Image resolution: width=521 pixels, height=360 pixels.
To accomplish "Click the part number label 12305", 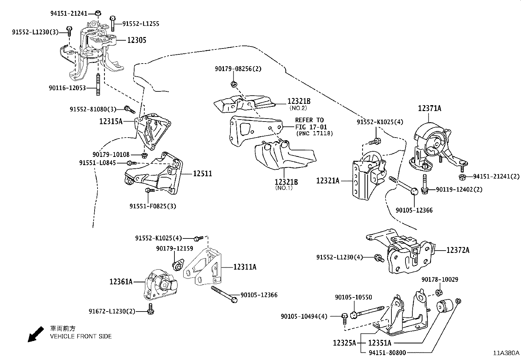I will (x=136, y=40).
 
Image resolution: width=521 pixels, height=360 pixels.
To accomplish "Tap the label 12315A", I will (x=111, y=122).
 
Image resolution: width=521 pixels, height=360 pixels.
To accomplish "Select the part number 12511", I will (x=202, y=174).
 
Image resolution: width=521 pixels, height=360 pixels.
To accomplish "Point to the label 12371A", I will (x=429, y=108).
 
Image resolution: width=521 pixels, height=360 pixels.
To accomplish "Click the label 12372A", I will (x=458, y=250).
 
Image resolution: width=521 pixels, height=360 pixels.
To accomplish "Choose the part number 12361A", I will (x=121, y=281).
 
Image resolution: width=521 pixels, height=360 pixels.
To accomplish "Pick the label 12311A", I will (x=245, y=267).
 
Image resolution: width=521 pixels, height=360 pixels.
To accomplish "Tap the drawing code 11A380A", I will (x=506, y=353).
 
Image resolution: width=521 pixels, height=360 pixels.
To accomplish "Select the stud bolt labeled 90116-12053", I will (x=98, y=85).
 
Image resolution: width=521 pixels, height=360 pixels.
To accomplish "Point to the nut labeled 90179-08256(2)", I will (x=234, y=84).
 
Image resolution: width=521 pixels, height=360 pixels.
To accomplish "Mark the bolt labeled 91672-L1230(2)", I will (x=151, y=309).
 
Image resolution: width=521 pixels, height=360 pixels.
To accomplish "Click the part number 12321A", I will (x=328, y=180).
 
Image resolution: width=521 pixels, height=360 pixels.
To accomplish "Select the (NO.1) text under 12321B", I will (x=284, y=188).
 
